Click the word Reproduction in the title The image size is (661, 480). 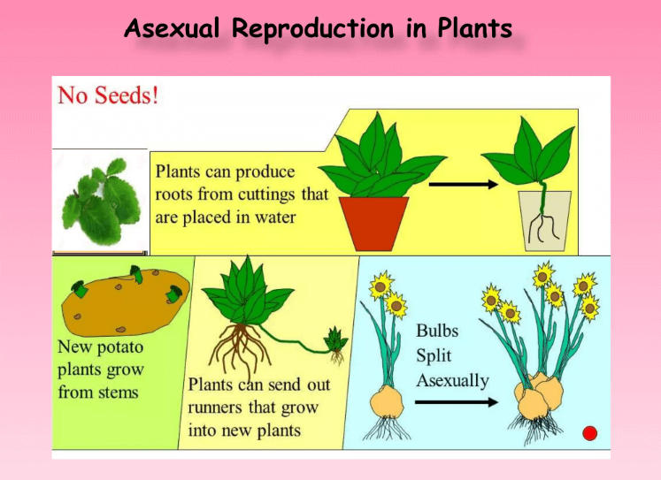pos(312,28)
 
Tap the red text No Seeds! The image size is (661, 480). pos(108,95)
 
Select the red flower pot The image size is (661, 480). pos(374,224)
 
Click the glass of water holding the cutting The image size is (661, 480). pos(545,221)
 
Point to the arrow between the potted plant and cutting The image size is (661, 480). pos(464,184)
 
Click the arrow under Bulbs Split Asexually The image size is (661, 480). pos(457,402)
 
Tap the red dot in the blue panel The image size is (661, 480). pos(589,433)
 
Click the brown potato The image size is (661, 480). pos(125,302)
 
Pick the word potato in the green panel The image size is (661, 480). pos(120,347)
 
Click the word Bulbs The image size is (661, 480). pos(437,331)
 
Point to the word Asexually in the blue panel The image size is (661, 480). pos(453,381)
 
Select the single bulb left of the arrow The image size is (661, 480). pos(387,402)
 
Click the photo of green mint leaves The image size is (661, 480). pos(100,202)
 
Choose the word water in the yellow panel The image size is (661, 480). pos(275,217)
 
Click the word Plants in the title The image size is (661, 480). pos(474,28)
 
